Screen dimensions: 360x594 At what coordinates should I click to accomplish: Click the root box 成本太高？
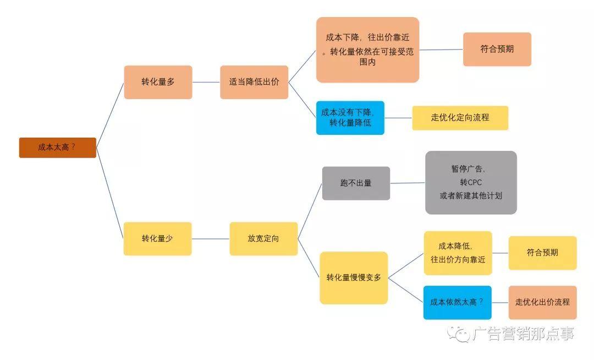click(57, 148)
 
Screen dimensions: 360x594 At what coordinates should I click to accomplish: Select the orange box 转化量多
click(158, 82)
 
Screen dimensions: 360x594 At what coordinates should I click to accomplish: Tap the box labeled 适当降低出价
click(254, 82)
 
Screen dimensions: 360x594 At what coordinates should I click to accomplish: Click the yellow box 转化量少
click(157, 238)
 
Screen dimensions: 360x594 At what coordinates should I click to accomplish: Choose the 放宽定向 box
click(263, 238)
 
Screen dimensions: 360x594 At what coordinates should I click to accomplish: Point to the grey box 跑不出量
click(356, 183)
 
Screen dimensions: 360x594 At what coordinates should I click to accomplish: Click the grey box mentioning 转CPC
click(471, 182)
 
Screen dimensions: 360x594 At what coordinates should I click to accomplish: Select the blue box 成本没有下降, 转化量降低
click(350, 117)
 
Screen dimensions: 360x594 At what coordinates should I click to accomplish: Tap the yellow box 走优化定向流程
click(460, 117)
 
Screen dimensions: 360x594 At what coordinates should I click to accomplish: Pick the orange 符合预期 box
click(497, 49)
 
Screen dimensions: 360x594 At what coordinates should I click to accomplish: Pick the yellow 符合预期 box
click(542, 253)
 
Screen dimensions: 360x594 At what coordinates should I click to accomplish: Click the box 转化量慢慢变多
click(354, 277)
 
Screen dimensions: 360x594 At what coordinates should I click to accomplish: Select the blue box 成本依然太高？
click(457, 302)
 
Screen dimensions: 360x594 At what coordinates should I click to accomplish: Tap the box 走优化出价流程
click(542, 302)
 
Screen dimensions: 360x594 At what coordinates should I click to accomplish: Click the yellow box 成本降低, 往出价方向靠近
click(458, 253)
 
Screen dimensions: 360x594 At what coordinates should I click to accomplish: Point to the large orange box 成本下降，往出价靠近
click(367, 50)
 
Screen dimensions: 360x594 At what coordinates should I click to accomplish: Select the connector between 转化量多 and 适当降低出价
click(206, 82)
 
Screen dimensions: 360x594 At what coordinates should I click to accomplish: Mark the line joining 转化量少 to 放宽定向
click(211, 238)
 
